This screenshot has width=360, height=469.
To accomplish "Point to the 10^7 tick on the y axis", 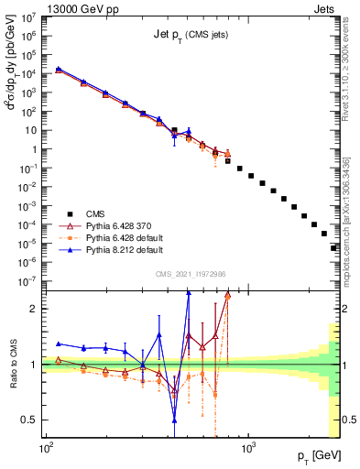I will point(31,17).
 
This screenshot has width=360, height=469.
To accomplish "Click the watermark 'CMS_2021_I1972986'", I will point(190,275).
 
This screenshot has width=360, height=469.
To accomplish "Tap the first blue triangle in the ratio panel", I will point(59,344).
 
